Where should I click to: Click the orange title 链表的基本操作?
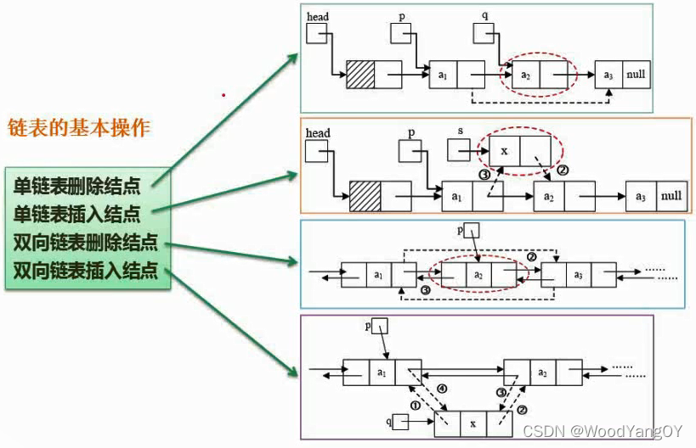pyautogui.click(x=79, y=128)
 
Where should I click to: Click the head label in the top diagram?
pyautogui.click(x=318, y=16)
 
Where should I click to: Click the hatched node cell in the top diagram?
pyautogui.click(x=360, y=76)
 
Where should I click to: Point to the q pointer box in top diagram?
pyautogui.click(x=484, y=33)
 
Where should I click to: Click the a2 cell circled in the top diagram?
pyautogui.click(x=525, y=75)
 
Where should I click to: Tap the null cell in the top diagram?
pyautogui.click(x=636, y=75)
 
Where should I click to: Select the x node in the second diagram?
pyautogui.click(x=504, y=150)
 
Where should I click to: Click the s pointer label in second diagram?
pyautogui.click(x=461, y=132)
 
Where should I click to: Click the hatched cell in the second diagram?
pyautogui.click(x=365, y=196)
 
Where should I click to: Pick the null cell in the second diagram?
pyautogui.click(x=671, y=196)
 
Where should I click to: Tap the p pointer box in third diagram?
pyautogui.click(x=472, y=230)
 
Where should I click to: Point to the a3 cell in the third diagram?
pyautogui.click(x=578, y=274)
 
